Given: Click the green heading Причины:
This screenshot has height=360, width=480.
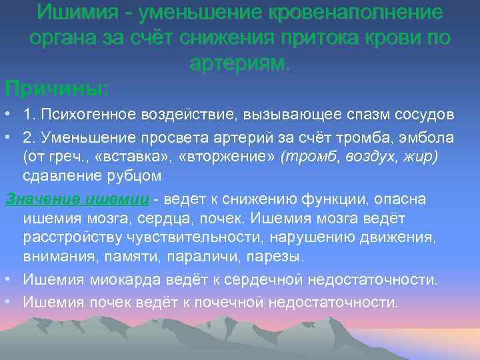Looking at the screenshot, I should click(57, 87).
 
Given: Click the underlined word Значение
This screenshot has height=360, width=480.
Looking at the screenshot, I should click(43, 199).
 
